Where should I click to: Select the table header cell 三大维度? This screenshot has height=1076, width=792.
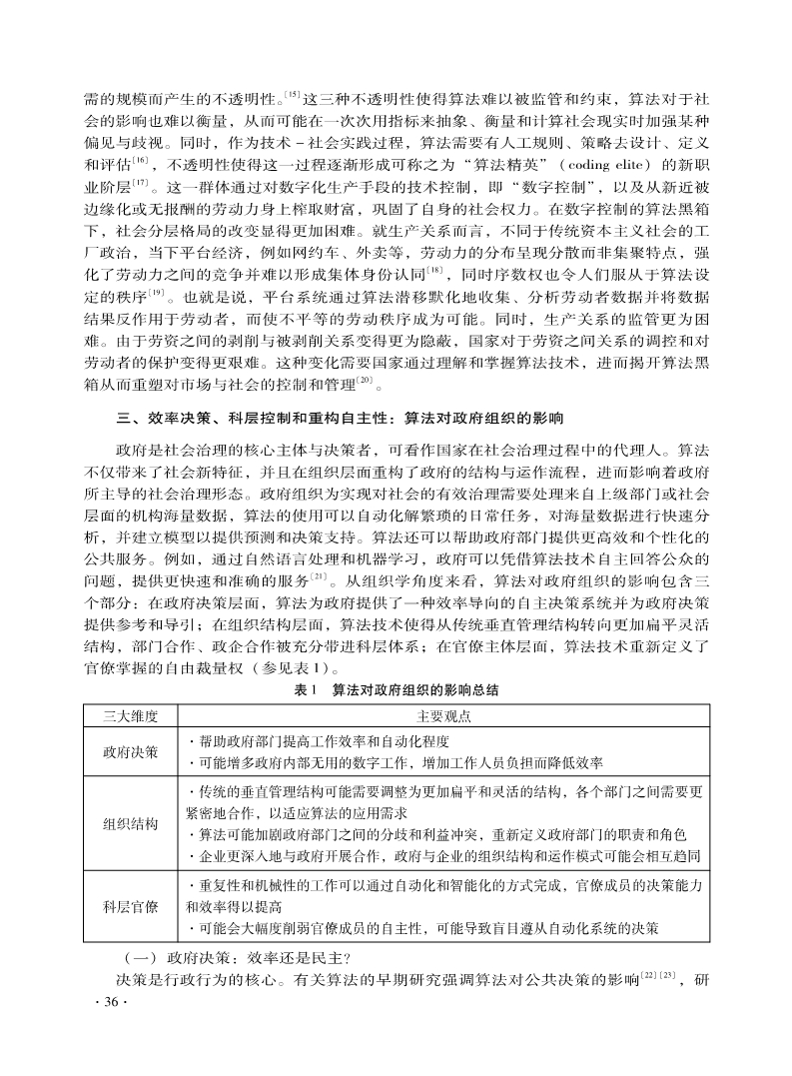click(131, 716)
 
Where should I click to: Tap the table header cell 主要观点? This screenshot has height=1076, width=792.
click(444, 716)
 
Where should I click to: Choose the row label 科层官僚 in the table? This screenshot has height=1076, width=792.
click(131, 906)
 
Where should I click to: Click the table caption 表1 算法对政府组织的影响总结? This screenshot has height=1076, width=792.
click(396, 690)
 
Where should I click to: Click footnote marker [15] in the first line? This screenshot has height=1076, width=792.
click(293, 96)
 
